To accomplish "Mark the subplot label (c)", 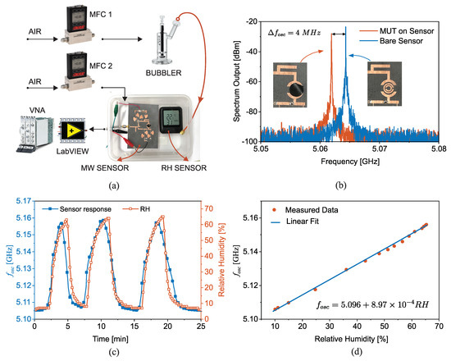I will click(115, 354).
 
